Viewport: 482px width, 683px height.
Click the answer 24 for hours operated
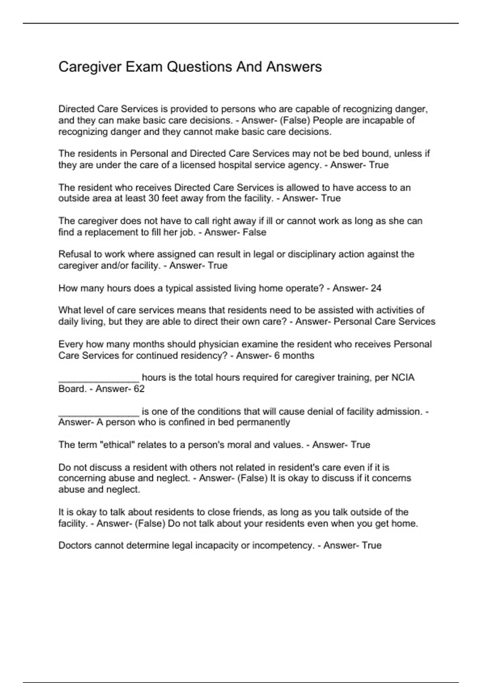(x=376, y=288)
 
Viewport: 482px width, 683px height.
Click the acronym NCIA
(x=403, y=378)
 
